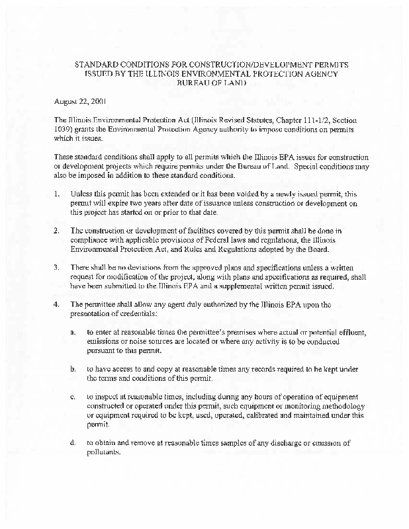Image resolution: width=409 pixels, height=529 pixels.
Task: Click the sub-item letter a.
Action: click(73, 330)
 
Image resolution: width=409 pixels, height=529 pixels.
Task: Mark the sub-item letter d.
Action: click(73, 443)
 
